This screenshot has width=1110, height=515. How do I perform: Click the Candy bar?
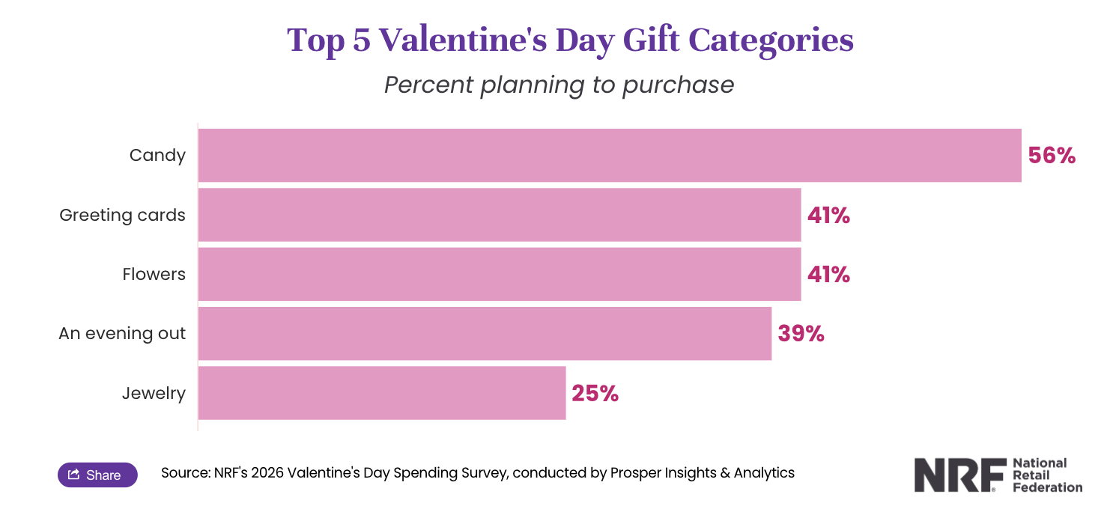[x=610, y=155]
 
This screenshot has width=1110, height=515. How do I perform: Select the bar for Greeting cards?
[x=500, y=215]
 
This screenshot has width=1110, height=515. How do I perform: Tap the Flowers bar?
[x=500, y=274]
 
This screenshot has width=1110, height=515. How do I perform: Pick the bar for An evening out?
[x=485, y=333]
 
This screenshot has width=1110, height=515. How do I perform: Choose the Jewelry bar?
[x=382, y=393]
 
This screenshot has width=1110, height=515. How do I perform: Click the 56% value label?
[x=1052, y=156]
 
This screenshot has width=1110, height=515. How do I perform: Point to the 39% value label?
[x=801, y=334]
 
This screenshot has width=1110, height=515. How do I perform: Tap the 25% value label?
[x=595, y=394]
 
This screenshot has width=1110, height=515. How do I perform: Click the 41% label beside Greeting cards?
[x=828, y=216]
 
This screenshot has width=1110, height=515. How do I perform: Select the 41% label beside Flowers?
[x=828, y=275]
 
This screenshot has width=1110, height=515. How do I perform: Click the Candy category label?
[x=157, y=155]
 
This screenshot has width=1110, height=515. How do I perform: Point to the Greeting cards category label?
[x=122, y=215]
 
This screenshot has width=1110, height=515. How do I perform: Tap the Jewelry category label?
[x=154, y=393]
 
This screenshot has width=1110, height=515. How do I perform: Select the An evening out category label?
[x=122, y=333]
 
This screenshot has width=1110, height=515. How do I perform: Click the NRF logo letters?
[x=959, y=476]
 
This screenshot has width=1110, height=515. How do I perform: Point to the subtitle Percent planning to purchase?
[x=559, y=85]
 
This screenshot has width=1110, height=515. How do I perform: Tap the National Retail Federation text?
[x=1047, y=475]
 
